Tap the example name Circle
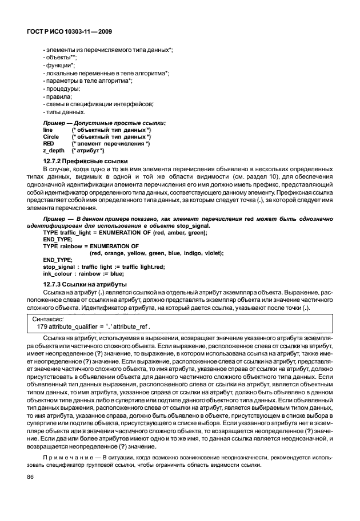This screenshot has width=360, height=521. pyautogui.click(x=51, y=137)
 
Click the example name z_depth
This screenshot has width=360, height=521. pyautogui.click(x=54, y=151)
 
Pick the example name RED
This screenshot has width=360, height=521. pyautogui.click(x=49, y=144)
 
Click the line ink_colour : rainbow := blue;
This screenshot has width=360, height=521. pyautogui.click(x=83, y=273)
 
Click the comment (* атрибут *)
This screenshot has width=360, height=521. pyautogui.click(x=87, y=151)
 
